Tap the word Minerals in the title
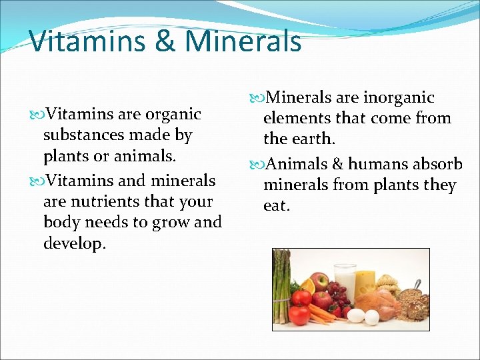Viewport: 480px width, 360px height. (x=243, y=41)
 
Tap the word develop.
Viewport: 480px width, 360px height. (x=74, y=243)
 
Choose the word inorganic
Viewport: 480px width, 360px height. (x=399, y=98)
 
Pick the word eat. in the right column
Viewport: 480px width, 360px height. (x=277, y=206)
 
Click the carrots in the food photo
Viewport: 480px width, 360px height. (x=320, y=311)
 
